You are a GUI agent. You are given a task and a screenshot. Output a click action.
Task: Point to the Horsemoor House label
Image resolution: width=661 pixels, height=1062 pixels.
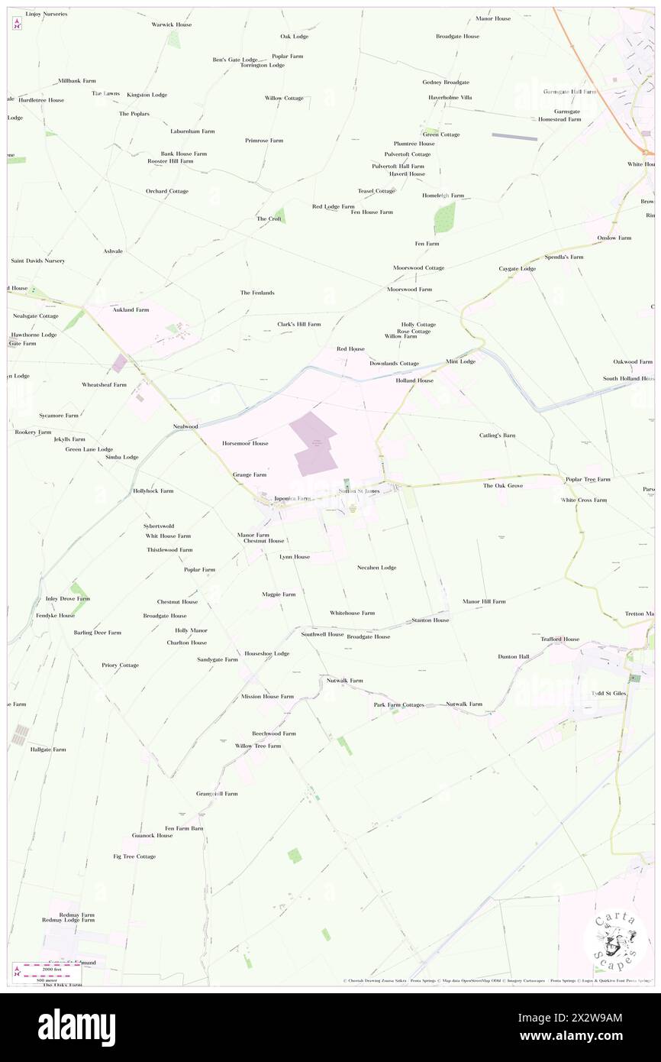(x=245, y=443)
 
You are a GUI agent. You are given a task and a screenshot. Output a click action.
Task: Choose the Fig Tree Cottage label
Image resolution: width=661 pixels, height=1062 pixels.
(x=134, y=856)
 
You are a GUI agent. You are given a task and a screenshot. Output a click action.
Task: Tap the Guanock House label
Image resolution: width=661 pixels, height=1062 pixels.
(x=152, y=836)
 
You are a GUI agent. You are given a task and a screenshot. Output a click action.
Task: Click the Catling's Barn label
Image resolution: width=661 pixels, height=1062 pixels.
(x=492, y=435)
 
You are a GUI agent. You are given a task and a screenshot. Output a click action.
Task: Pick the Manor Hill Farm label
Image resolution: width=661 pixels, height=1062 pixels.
(x=484, y=601)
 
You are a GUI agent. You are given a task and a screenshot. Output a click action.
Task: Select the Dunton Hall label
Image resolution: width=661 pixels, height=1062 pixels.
(x=513, y=656)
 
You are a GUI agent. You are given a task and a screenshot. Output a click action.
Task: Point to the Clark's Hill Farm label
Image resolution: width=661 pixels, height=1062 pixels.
(x=298, y=324)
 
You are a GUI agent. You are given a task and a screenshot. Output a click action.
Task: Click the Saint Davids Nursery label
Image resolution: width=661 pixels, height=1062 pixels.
(x=37, y=261)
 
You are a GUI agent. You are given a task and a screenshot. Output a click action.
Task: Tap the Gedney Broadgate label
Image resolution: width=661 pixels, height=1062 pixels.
(x=446, y=82)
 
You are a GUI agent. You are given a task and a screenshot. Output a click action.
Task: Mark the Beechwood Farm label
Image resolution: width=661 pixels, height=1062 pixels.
(x=274, y=733)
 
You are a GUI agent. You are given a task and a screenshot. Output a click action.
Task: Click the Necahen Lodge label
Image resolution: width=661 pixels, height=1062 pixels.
(x=377, y=568)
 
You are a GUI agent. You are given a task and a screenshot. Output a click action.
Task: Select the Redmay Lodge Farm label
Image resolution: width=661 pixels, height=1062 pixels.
(x=69, y=921)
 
